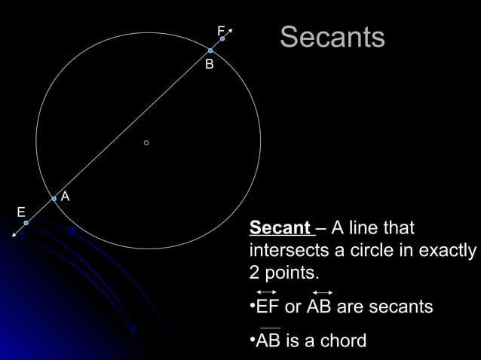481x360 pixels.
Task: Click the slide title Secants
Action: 332,38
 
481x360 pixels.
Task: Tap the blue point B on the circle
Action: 210,50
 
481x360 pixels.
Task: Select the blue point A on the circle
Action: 54,199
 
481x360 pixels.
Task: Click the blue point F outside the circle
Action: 222,38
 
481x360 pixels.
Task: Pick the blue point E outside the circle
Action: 26,223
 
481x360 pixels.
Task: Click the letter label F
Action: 221,31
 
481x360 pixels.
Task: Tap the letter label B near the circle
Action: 210,66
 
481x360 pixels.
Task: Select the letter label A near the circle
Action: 66,197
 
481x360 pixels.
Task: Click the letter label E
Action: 21,212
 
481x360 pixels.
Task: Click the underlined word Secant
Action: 280,228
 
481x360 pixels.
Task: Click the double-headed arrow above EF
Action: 266,291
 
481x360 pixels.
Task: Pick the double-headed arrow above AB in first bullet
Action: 322,291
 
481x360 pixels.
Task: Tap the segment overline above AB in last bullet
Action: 269,328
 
